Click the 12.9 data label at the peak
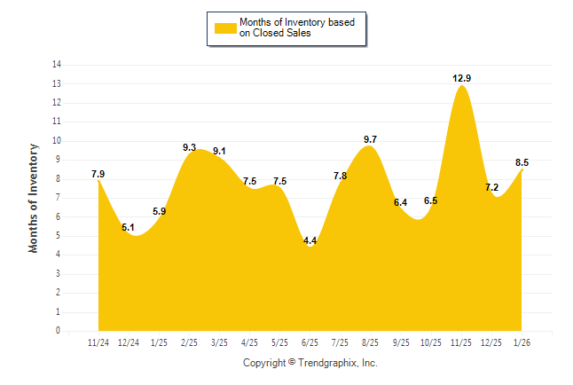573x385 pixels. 461,78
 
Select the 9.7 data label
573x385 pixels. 371,139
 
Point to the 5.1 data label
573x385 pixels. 129,227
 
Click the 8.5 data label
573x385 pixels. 522,162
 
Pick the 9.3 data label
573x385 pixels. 189,147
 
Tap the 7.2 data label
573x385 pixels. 492,187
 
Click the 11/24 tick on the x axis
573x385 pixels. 98,342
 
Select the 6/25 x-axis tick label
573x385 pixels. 310,342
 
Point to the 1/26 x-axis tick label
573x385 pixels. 522,342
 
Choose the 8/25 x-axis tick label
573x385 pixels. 371,342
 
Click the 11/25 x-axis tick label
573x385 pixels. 461,342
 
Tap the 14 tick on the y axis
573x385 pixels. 57,65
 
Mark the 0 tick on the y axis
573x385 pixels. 59,331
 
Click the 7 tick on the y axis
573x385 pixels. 59,198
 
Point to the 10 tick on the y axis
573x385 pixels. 57,141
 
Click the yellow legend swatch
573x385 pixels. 225,27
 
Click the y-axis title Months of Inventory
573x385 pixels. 34,198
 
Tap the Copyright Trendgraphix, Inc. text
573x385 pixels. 310,363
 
